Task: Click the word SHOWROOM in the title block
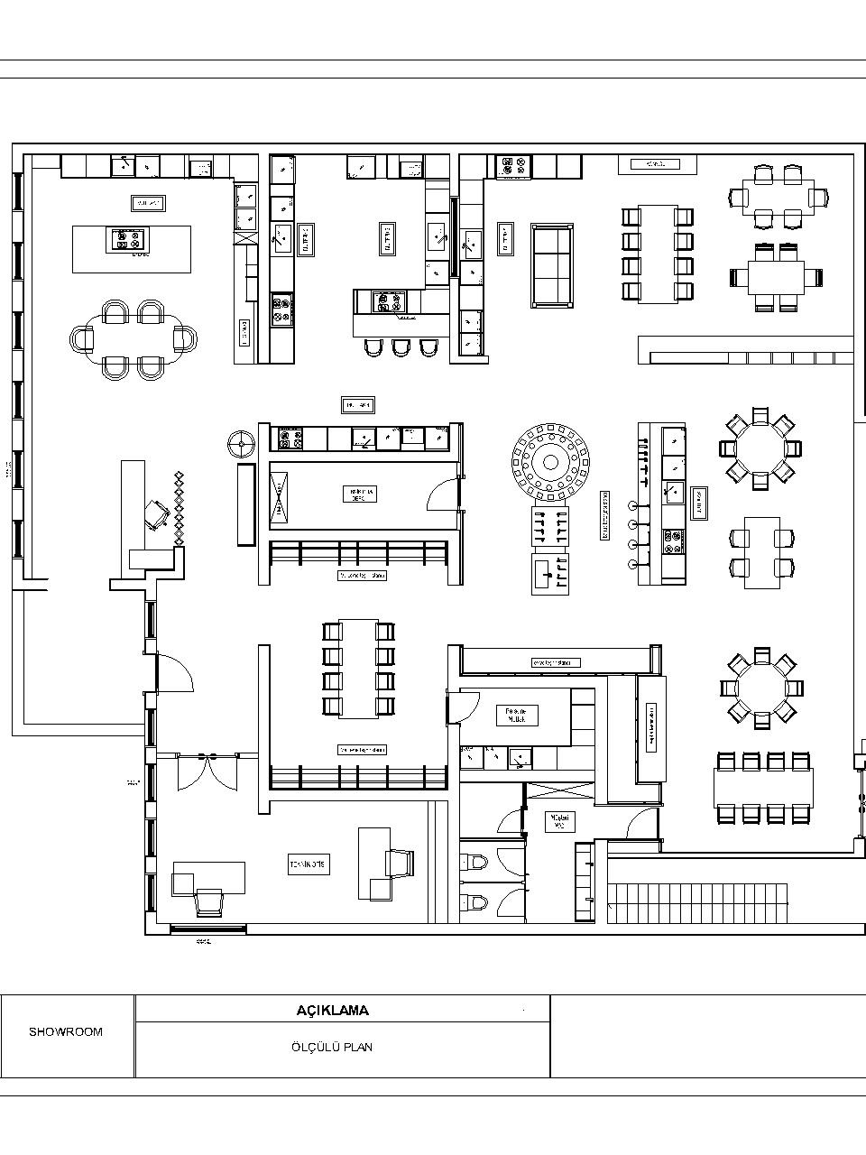coord(66,1031)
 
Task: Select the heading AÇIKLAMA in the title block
coord(333,1011)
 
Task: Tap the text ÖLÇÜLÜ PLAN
coord(333,1048)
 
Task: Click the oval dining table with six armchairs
coord(134,338)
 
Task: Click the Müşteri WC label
coord(559,820)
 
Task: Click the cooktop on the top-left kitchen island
coord(126,239)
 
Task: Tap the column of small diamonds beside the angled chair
coord(180,507)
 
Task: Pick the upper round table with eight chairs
coord(760,448)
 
